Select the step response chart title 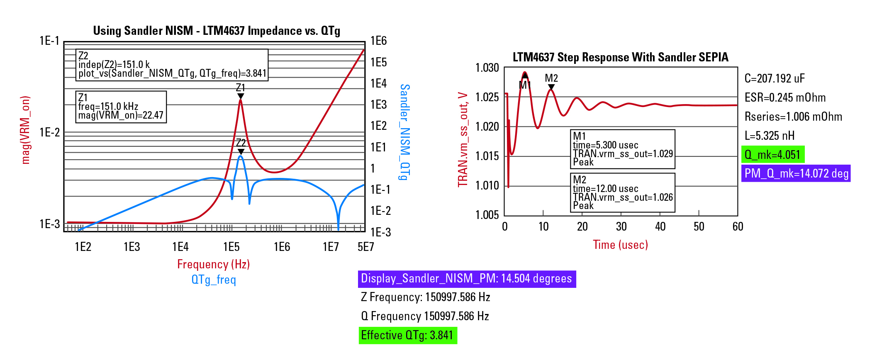click(x=620, y=57)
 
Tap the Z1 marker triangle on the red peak click(x=241, y=96)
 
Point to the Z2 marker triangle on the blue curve click(x=241, y=151)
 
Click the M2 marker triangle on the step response click(x=551, y=87)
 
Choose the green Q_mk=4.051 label click(x=772, y=155)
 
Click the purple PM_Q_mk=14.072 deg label click(x=796, y=173)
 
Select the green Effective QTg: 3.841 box click(x=407, y=335)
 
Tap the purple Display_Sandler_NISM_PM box click(x=467, y=279)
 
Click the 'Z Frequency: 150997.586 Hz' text click(x=425, y=297)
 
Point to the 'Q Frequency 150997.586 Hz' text click(x=425, y=316)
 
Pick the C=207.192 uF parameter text click(x=774, y=78)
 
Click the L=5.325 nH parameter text click(x=769, y=136)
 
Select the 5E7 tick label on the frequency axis click(x=365, y=247)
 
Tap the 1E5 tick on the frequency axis click(x=231, y=247)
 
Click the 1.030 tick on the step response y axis click(x=487, y=68)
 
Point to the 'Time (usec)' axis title click(x=620, y=245)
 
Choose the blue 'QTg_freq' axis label click(x=214, y=280)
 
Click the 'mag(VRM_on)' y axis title click(x=26, y=130)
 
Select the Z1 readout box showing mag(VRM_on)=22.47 click(x=121, y=107)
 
